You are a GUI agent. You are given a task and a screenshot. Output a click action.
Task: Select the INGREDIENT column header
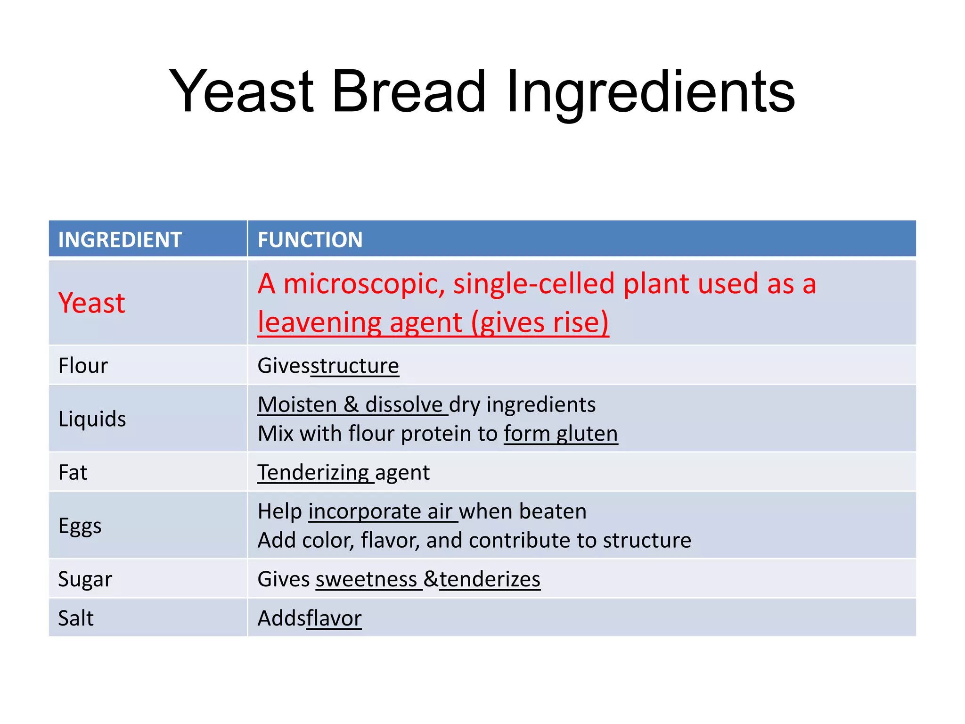120,240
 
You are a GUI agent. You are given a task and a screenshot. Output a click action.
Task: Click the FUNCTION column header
310,240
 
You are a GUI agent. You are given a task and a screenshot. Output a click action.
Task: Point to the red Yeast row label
92,303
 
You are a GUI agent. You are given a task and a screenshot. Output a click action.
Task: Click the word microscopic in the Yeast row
364,284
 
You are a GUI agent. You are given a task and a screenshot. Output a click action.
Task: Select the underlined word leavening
319,323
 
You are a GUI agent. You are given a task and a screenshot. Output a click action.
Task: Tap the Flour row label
83,366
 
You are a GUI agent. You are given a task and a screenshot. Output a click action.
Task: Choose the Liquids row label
92,419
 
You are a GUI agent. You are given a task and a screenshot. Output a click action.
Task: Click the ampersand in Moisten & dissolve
351,405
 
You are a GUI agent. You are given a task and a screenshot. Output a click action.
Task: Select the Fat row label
73,472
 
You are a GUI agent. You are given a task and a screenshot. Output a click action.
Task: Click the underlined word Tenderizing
313,472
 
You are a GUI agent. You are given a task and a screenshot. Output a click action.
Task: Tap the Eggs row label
80,526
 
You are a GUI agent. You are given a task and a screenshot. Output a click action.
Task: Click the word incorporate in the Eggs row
365,512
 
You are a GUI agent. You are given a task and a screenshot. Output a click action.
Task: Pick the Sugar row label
85,579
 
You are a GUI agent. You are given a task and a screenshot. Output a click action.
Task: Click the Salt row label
75,618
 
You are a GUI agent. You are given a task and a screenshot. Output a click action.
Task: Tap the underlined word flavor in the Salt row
334,618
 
